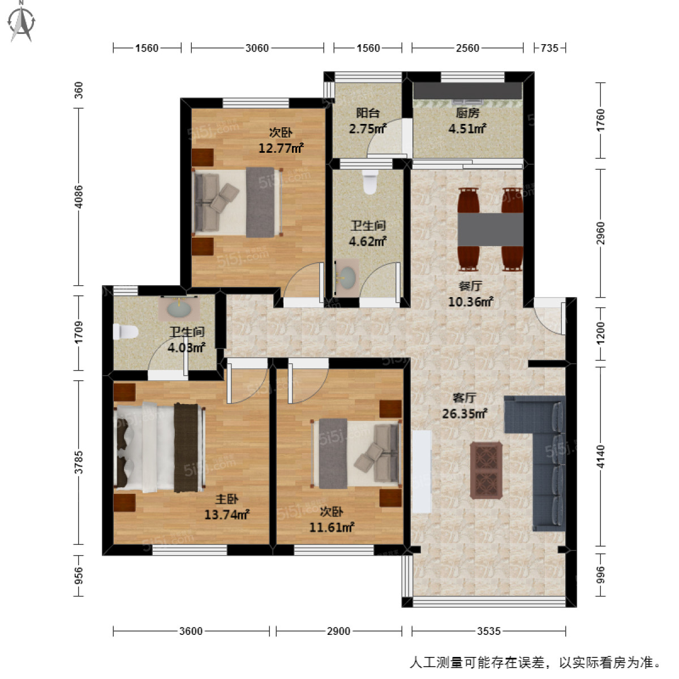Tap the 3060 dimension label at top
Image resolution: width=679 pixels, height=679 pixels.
(257, 48)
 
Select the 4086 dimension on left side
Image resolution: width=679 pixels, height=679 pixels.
(79, 196)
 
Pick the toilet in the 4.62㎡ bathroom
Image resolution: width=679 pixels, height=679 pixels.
(370, 182)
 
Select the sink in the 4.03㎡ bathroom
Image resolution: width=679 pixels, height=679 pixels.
(179, 308)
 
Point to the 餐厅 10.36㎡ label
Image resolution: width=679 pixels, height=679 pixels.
(470, 294)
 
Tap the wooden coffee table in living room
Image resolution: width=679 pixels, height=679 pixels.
(487, 470)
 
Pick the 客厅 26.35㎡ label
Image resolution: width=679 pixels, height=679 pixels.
(465, 406)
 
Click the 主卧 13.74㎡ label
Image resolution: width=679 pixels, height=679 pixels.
(227, 507)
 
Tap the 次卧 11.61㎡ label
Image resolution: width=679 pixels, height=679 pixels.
(332, 519)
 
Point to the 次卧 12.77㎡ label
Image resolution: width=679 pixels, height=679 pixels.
(281, 141)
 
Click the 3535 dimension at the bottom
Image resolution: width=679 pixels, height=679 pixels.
(488, 631)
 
